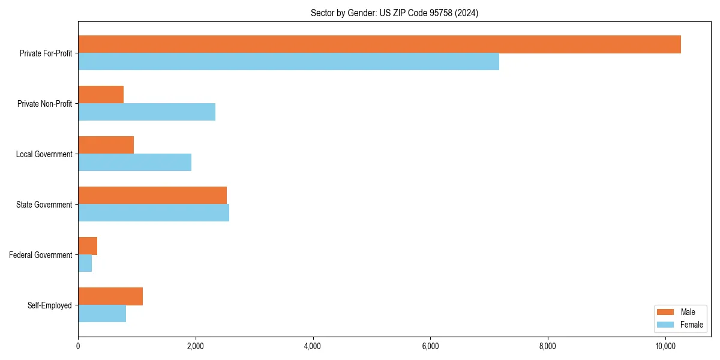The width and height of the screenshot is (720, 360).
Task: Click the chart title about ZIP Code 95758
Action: pyautogui.click(x=394, y=13)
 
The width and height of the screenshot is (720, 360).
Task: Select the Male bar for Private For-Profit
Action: pyautogui.click(x=379, y=44)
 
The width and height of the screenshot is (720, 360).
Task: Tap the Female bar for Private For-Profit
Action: pyautogui.click(x=288, y=62)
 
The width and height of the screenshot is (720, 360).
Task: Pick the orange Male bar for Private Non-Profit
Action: pyautogui.click(x=101, y=95)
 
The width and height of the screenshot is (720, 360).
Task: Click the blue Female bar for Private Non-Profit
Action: pyautogui.click(x=146, y=112)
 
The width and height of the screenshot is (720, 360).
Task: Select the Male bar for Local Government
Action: pyautogui.click(x=106, y=145)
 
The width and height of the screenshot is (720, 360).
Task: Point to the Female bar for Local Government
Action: pyautogui.click(x=134, y=163)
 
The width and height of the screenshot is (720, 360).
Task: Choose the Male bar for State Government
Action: pyautogui.click(x=152, y=196)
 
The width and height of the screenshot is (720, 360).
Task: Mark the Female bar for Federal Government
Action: pyautogui.click(x=85, y=263)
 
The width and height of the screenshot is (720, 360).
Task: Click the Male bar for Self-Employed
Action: pyautogui.click(x=110, y=296)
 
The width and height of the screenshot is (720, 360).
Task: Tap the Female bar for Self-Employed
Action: pyautogui.click(x=102, y=314)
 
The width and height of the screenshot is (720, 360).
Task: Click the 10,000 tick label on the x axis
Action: pyautogui.click(x=665, y=346)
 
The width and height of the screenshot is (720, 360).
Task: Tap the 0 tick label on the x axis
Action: pyautogui.click(x=78, y=346)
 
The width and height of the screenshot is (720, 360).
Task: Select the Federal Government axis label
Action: pyautogui.click(x=40, y=255)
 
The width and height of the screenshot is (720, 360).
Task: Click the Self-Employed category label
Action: pyautogui.click(x=49, y=305)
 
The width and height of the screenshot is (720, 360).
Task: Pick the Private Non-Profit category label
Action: pyautogui.click(x=44, y=104)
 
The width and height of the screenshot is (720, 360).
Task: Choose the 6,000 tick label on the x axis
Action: pyautogui.click(x=430, y=346)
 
